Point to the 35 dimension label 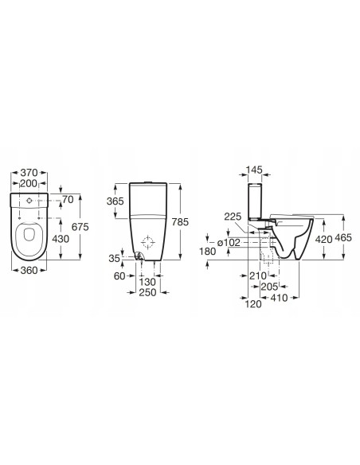116,259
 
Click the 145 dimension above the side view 255,170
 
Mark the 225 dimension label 233,215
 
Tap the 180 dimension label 209,252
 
